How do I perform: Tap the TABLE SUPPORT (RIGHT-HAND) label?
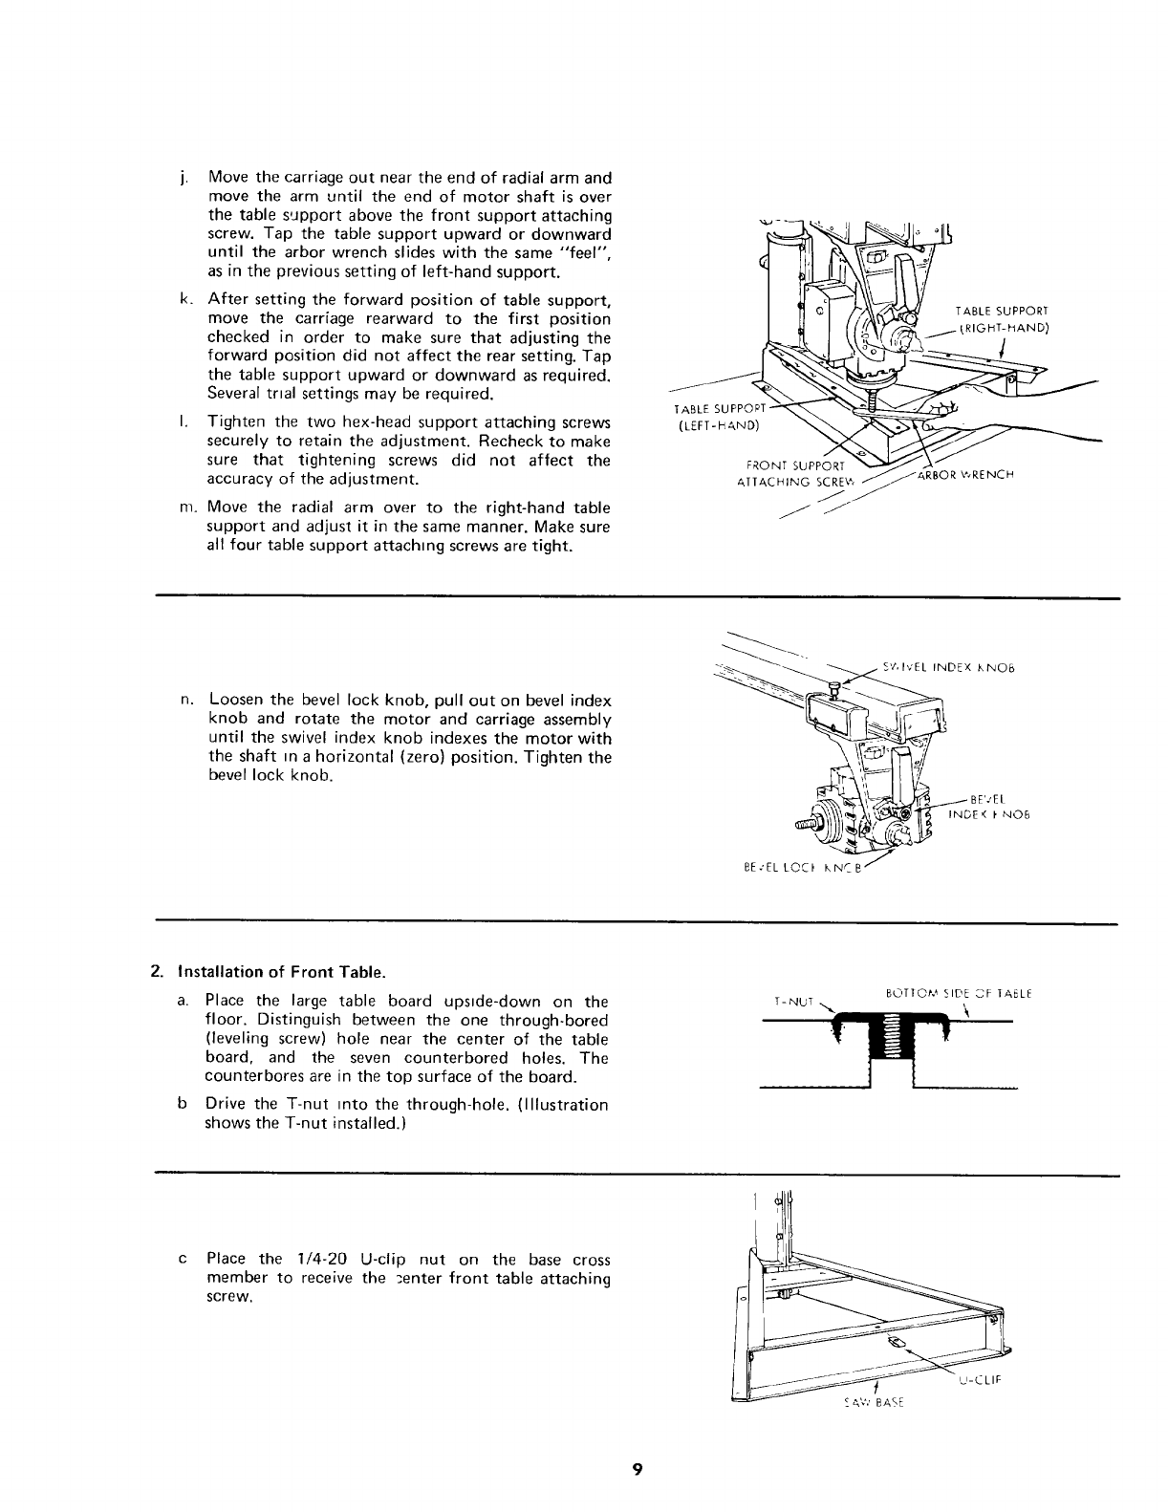click(1002, 319)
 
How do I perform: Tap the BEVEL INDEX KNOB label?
click(986, 808)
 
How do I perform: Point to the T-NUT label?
click(792, 1003)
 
